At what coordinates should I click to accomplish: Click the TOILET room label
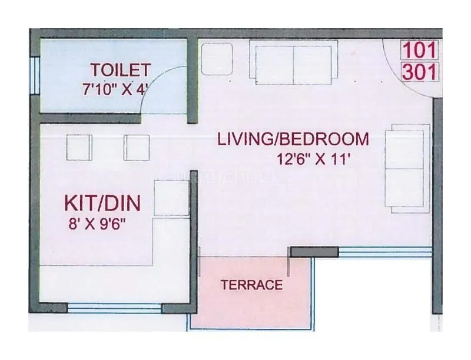click(121, 70)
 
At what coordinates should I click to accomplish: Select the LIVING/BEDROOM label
click(293, 139)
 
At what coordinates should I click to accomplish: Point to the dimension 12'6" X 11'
click(314, 158)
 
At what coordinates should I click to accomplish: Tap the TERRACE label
click(251, 286)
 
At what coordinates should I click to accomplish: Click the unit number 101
click(419, 50)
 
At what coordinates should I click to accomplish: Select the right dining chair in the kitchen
click(135, 148)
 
